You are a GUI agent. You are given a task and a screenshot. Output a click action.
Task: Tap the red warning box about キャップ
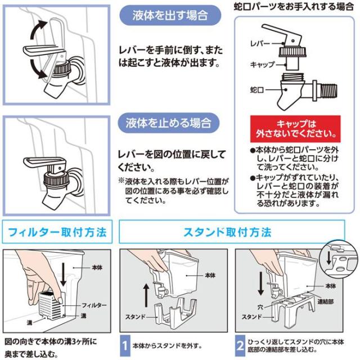pyautogui.click(x=294, y=130)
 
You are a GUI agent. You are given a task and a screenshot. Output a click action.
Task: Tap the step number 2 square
pyautogui.click(x=240, y=345)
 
